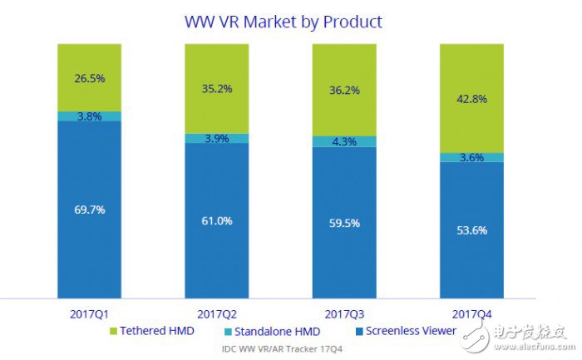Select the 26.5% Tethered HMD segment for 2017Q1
[89, 77]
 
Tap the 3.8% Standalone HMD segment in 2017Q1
[89, 116]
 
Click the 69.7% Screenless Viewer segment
[89, 210]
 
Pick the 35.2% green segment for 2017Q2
[216, 88]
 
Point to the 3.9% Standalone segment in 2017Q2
[216, 138]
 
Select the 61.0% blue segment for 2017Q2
[216, 220]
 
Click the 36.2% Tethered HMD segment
[343, 90]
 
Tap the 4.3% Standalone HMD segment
[343, 142]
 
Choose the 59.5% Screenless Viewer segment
[343, 223]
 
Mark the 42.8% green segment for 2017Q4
[471, 98]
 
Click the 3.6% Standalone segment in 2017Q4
[471, 157]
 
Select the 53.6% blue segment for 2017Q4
[471, 229]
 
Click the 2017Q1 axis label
[89, 313]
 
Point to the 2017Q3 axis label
[343, 313]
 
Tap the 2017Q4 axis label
[471, 313]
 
